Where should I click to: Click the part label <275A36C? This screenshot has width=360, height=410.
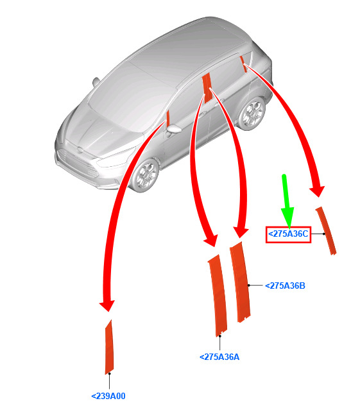tap(288, 234)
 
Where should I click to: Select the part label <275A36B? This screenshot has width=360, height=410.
tap(285, 286)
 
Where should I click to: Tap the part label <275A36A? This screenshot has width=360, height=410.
tap(219, 357)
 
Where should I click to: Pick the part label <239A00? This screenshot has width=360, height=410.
tap(108, 396)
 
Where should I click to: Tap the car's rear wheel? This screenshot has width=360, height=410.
tap(252, 113)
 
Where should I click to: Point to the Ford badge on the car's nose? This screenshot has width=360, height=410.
tap(80, 150)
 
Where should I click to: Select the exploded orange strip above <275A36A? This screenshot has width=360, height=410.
tap(218, 296)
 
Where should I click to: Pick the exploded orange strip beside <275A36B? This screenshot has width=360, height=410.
tap(240, 282)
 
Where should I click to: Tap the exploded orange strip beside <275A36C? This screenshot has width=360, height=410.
tap(326, 230)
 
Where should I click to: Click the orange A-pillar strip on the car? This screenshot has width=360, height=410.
tap(168, 118)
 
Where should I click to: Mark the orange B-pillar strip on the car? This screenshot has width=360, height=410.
tap(207, 88)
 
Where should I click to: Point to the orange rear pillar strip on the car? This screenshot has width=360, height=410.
tap(243, 64)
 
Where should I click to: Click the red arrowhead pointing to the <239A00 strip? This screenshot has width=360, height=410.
tap(107, 305)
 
